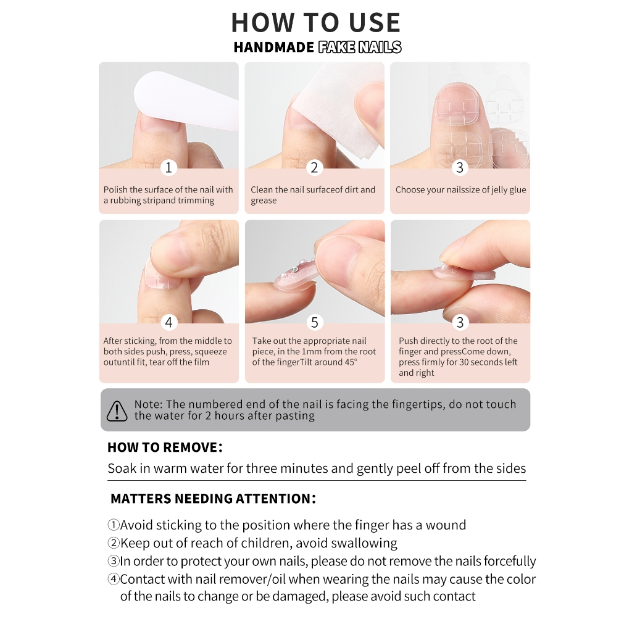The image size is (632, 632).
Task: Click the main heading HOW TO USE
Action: [x=315, y=23]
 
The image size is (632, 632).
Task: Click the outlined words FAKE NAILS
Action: [x=360, y=47]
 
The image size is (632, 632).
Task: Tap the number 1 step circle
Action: [x=168, y=167]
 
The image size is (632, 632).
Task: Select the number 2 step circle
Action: [x=314, y=167]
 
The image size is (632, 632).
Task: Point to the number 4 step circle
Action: [x=168, y=322]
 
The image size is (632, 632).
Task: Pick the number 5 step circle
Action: [x=314, y=322]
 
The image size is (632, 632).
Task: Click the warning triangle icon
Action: [x=117, y=410]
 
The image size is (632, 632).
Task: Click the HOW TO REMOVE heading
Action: [x=165, y=447]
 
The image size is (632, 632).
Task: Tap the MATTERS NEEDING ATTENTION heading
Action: [x=213, y=499]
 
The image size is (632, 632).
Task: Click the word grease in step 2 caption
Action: [x=264, y=201]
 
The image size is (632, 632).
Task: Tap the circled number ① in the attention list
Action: [x=114, y=525]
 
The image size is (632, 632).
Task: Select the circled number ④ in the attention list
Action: [x=114, y=579]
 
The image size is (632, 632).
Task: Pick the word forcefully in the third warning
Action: [x=509, y=561]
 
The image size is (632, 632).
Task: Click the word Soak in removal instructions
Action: [x=122, y=468]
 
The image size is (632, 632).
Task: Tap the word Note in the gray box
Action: [x=148, y=404]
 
